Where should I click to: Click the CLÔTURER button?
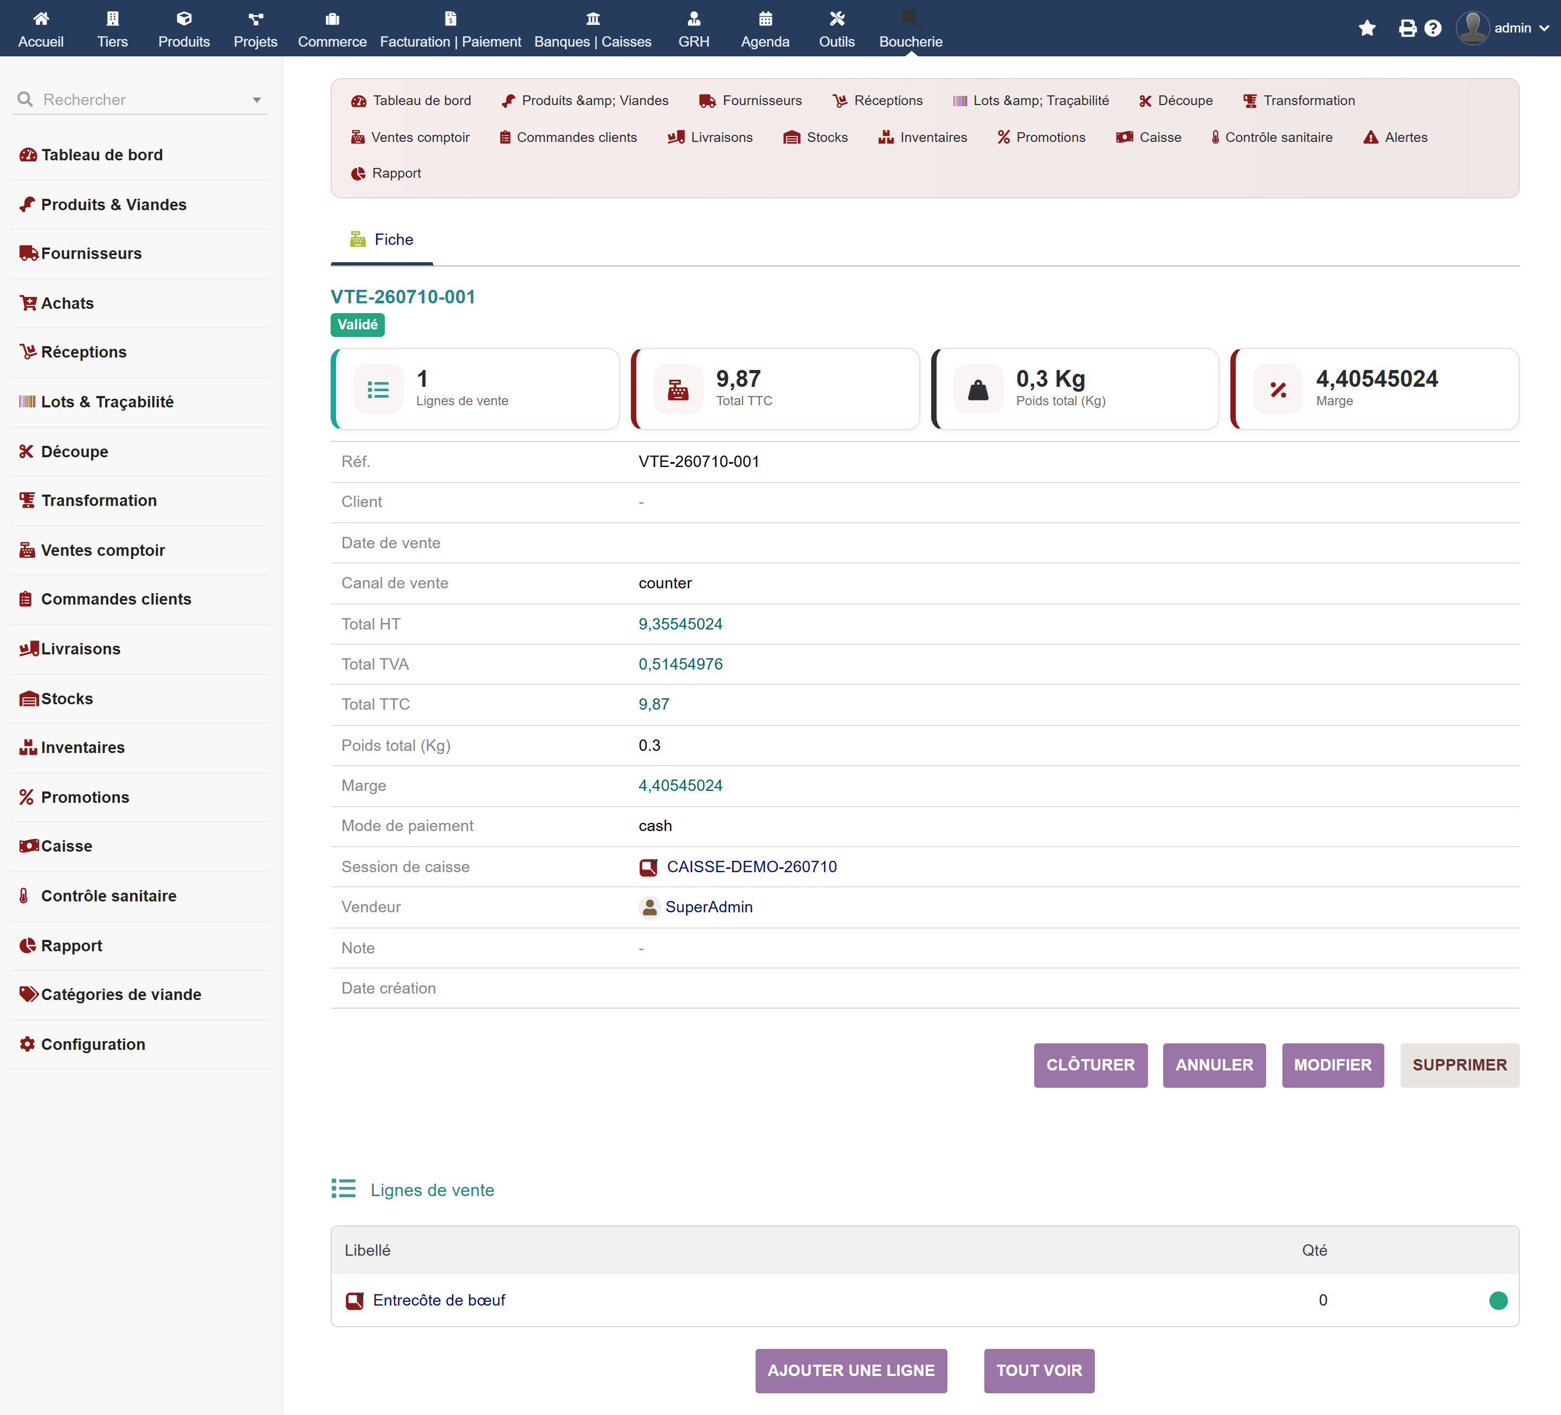[1090, 1065]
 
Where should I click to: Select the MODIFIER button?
[1333, 1065]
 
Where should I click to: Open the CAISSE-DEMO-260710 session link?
[751, 866]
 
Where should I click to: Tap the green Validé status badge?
[358, 324]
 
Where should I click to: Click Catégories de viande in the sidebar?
[121, 994]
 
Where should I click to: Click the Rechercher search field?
[139, 99]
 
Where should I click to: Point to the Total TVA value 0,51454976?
[681, 664]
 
